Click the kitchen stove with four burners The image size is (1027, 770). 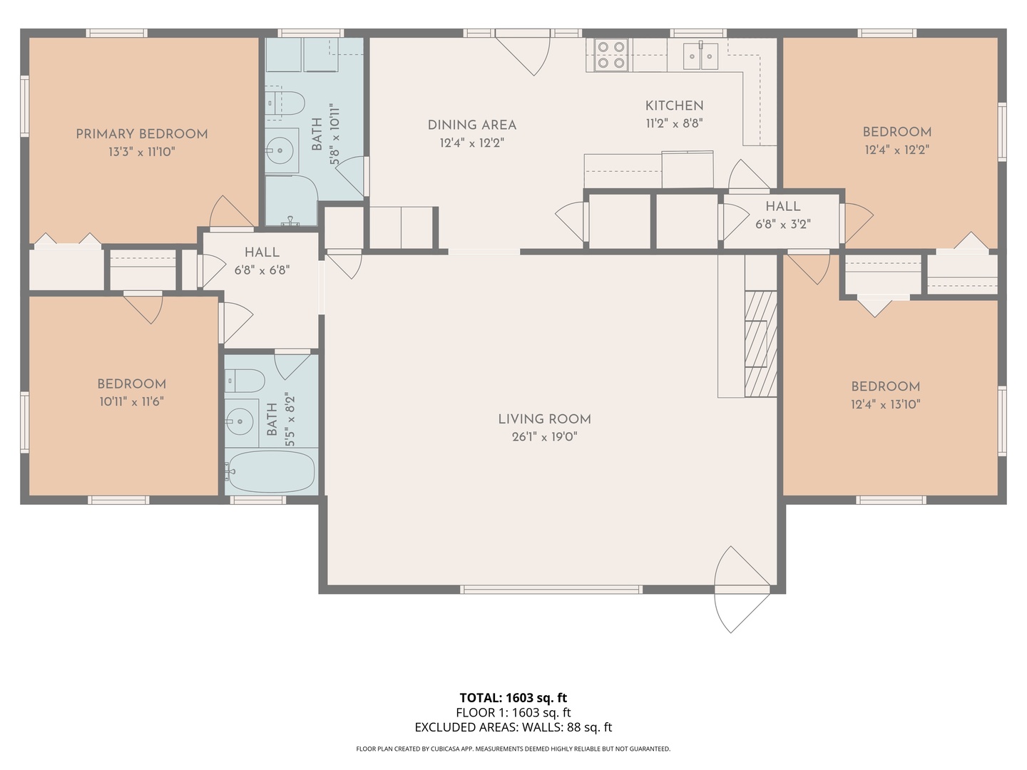click(611, 55)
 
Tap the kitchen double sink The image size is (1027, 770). click(700, 56)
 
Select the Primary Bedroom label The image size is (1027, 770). click(142, 134)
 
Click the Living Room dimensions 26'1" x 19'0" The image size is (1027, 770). click(545, 437)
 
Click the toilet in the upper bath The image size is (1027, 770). click(285, 103)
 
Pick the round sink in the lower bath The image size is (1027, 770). click(240, 421)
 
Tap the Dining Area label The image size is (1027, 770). click(471, 125)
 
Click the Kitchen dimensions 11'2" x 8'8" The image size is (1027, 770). click(674, 123)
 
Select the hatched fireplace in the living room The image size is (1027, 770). click(761, 344)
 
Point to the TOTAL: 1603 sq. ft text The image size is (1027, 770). click(513, 697)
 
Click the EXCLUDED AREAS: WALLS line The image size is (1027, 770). click(513, 727)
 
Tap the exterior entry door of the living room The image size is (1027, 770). click(742, 590)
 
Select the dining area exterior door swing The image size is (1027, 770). click(523, 52)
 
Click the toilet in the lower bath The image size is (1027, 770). click(245, 381)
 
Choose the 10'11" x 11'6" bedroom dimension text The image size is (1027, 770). click(131, 401)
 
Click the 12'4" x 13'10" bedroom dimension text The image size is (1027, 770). click(886, 404)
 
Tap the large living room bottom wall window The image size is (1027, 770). click(551, 589)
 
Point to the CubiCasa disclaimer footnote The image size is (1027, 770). click(513, 749)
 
